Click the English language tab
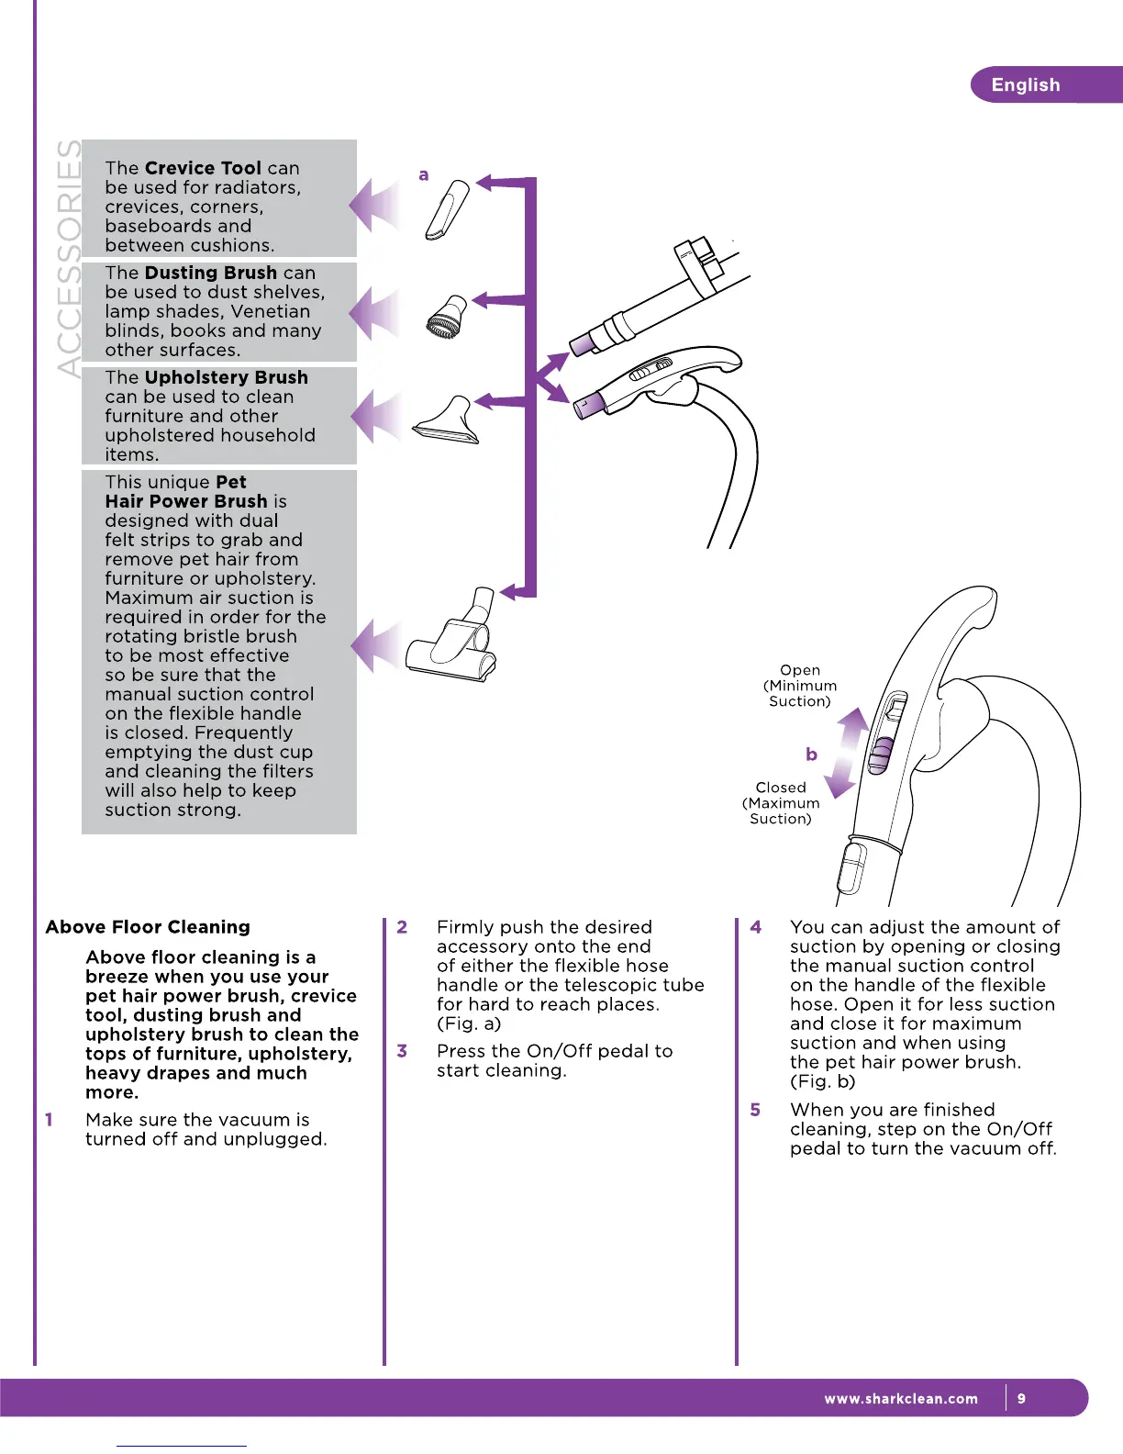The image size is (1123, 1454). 1025,85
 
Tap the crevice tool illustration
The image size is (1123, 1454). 447,210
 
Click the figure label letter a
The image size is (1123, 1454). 423,174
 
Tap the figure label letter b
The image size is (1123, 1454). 811,755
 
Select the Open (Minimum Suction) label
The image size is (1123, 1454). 800,686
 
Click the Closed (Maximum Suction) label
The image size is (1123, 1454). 781,803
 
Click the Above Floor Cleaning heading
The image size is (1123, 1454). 148,927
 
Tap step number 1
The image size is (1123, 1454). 49,1120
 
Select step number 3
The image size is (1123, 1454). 402,1051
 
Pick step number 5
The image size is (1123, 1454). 755,1110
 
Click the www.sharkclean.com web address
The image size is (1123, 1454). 900,1399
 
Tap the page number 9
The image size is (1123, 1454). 1021,1399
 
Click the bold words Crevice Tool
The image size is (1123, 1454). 203,168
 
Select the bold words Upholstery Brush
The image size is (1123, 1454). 226,377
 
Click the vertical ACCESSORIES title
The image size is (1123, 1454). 68,257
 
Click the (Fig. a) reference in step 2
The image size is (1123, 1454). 469,1023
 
